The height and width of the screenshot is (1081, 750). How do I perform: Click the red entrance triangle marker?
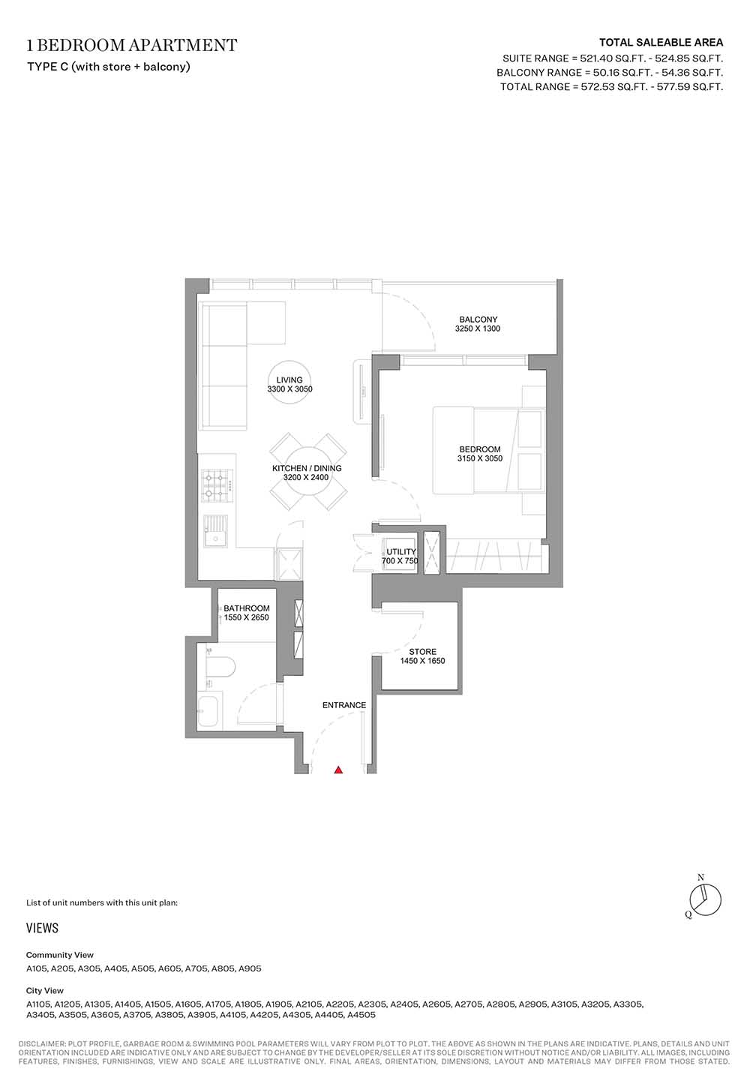[x=339, y=770]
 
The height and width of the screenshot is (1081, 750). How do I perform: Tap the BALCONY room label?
[x=478, y=320]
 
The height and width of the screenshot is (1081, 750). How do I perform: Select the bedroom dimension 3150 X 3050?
[x=480, y=458]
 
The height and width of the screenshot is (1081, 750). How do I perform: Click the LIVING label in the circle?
[x=289, y=380]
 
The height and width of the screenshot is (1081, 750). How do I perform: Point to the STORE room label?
[x=423, y=651]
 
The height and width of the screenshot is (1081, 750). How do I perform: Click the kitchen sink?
[x=215, y=531]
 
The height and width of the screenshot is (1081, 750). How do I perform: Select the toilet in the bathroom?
[x=220, y=668]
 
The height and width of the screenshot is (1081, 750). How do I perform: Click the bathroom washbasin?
[x=208, y=712]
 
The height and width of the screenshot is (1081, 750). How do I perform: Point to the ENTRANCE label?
[x=344, y=705]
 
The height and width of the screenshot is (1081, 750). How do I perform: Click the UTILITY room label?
[x=401, y=551]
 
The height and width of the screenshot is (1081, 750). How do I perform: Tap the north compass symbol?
[x=705, y=900]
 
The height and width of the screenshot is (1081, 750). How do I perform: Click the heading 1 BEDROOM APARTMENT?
[x=132, y=45]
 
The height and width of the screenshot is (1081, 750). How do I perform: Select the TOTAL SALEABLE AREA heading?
[x=661, y=43]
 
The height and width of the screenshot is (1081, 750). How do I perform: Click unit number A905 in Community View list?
[x=250, y=968]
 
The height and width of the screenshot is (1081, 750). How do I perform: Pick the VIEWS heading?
[x=43, y=928]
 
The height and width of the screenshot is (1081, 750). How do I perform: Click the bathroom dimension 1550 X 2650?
[x=246, y=617]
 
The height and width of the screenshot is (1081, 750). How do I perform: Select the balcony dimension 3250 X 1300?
[x=478, y=329]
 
